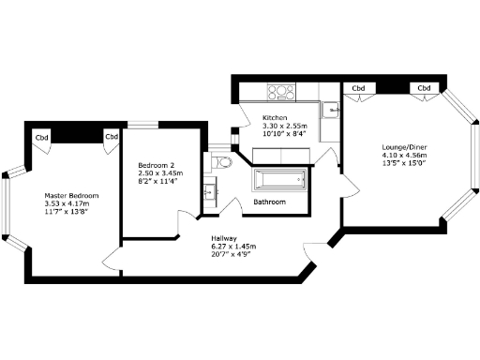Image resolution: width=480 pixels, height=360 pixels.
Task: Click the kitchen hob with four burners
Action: [x=282, y=92]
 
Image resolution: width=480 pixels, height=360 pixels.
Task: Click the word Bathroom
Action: [x=270, y=202]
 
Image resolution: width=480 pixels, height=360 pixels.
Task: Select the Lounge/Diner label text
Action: [x=404, y=146]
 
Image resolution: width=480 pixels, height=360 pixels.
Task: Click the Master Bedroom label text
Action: [x=71, y=196]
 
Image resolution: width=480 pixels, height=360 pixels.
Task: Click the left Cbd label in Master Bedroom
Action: [x=41, y=138]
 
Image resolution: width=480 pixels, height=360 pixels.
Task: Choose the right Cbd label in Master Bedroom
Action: [x=111, y=138]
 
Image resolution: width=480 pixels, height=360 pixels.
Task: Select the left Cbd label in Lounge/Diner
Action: [x=357, y=88]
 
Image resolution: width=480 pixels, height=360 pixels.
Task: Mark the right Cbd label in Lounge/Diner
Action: [x=423, y=88]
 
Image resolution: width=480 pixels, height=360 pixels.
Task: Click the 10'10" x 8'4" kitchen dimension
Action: [x=284, y=133]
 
